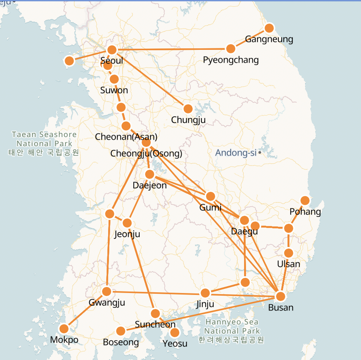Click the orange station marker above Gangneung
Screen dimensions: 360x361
(x=269, y=28)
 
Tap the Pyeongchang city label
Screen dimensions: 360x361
(x=231, y=60)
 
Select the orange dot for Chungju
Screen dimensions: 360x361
(x=188, y=109)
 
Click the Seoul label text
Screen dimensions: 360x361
(x=112, y=61)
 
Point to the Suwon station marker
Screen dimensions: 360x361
(x=114, y=79)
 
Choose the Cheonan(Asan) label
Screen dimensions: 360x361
(x=126, y=137)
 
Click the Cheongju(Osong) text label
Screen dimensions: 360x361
(x=146, y=154)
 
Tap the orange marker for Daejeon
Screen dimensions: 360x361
(x=150, y=174)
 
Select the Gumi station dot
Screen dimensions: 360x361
(x=210, y=196)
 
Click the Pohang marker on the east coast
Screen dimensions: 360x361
(x=305, y=201)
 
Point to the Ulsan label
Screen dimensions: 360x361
(x=289, y=264)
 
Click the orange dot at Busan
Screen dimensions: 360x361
(x=281, y=296)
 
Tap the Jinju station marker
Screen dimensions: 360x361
(x=205, y=293)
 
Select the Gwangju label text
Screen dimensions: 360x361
(x=107, y=303)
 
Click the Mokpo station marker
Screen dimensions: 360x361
(x=64, y=328)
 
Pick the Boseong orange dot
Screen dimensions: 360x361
(x=121, y=331)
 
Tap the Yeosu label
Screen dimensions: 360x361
(x=175, y=344)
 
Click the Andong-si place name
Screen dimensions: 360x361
(x=236, y=153)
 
